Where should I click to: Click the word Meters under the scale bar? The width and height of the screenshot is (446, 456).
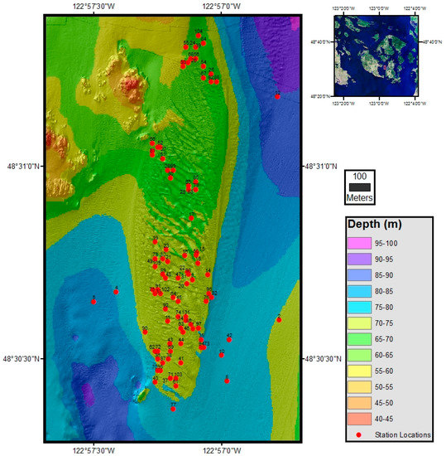(x=359, y=199)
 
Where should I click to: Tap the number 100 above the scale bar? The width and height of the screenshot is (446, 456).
(x=359, y=177)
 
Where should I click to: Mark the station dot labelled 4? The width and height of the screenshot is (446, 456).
(x=116, y=292)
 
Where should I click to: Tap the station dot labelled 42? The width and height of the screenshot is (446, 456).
(x=229, y=339)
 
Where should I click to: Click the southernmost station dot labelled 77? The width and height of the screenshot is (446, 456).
(x=173, y=408)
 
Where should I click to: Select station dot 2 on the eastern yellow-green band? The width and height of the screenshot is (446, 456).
(x=279, y=319)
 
